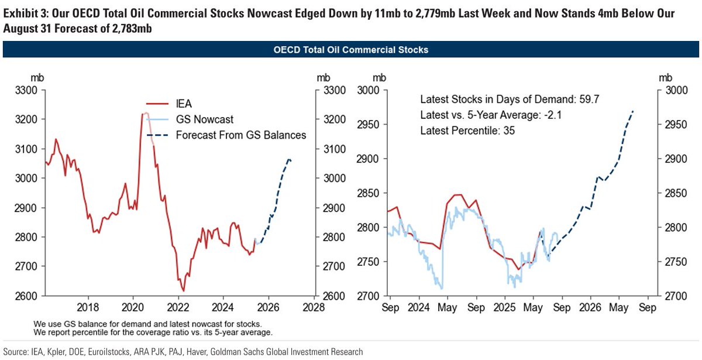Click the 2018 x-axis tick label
88,307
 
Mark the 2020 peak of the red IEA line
143,114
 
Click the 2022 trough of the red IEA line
183,290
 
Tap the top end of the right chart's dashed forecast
633,111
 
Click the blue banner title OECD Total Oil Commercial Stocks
351,50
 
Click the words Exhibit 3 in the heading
23,13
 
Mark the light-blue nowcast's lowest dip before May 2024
441,288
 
